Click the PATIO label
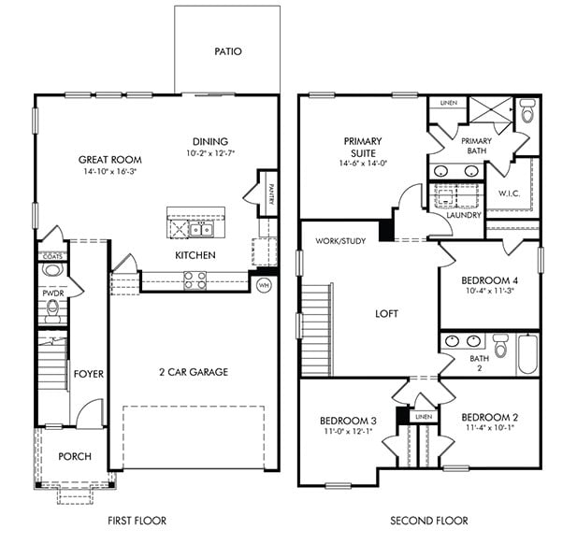227,51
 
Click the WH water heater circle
264,285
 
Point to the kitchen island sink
199,228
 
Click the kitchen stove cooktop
194,277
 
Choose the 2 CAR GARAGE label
194,372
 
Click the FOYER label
88,374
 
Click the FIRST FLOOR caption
137,521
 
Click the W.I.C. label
509,194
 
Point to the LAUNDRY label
464,215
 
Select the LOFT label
386,314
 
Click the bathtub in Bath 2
527,352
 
